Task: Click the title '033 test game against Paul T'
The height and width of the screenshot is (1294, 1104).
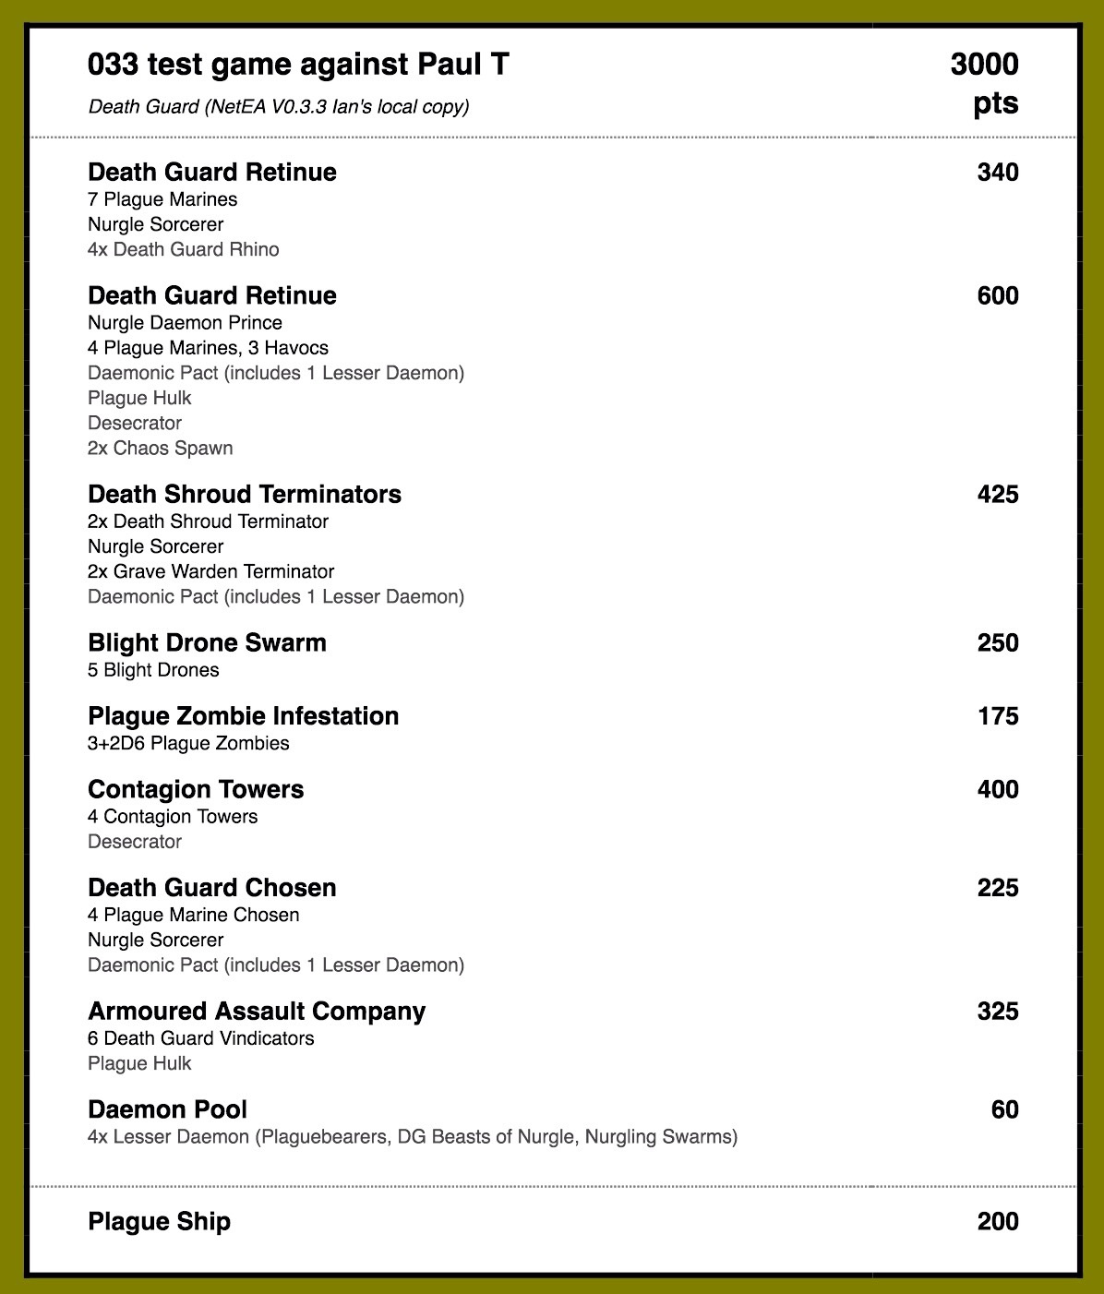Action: (x=298, y=65)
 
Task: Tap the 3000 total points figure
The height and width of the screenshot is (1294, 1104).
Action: (x=984, y=66)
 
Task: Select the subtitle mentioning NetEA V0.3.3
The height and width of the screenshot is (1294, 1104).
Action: (x=279, y=107)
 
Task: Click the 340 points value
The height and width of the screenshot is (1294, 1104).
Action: (x=998, y=173)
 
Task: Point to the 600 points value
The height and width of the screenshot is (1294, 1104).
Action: (x=998, y=296)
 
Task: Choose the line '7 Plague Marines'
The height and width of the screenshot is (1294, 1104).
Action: (x=162, y=199)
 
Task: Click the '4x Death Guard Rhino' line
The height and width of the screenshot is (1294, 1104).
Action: (x=183, y=249)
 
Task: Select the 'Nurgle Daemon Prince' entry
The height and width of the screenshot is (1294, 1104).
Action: (x=185, y=323)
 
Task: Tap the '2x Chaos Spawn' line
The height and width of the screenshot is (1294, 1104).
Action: (x=160, y=448)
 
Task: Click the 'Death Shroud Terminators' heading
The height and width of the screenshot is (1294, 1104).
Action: (x=245, y=495)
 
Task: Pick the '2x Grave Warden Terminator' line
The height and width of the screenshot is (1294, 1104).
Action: (x=210, y=571)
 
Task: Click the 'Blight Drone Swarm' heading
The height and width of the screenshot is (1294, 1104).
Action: (x=207, y=643)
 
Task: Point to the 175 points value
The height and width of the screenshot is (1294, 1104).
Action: (x=998, y=717)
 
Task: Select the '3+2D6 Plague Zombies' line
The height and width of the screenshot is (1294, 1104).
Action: (x=188, y=743)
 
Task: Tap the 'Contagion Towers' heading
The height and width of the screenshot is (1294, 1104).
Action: (x=196, y=790)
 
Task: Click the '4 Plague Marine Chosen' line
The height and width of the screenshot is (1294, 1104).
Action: (x=193, y=915)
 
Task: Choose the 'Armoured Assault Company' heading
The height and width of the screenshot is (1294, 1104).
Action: (x=257, y=1012)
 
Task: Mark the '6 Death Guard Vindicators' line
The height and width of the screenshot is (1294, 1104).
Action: (x=200, y=1038)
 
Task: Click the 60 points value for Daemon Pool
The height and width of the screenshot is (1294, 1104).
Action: (x=1004, y=1110)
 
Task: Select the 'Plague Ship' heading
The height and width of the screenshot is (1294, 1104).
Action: (x=159, y=1222)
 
